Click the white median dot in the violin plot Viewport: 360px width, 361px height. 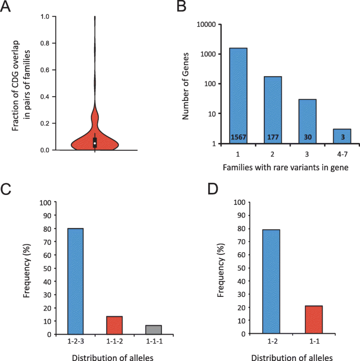click(x=95, y=143)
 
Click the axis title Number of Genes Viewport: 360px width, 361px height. click(x=187, y=84)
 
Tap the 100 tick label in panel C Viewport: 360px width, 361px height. click(x=46, y=202)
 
